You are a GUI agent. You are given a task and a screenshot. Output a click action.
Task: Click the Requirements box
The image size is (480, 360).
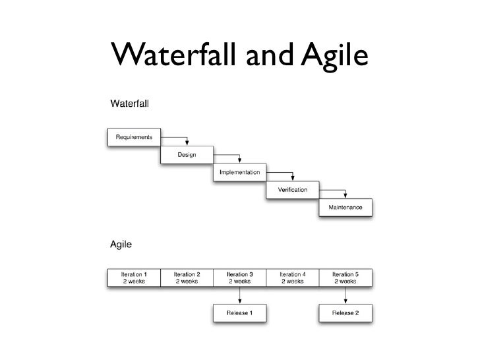click(134, 136)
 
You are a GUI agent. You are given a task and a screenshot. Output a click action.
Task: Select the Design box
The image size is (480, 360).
click(187, 155)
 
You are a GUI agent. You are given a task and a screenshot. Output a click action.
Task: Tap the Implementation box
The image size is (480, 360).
click(239, 173)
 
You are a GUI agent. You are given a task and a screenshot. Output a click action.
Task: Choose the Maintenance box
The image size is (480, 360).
click(345, 208)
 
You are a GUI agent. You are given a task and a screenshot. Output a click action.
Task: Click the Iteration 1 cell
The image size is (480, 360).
click(134, 278)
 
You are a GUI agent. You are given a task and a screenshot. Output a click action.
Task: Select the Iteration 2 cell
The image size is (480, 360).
click(187, 278)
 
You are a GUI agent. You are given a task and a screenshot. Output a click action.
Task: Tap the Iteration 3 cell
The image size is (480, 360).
click(239, 278)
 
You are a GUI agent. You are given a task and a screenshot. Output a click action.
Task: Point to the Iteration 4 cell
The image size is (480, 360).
click(292, 278)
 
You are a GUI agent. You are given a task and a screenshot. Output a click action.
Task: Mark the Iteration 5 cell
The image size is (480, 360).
click(345, 278)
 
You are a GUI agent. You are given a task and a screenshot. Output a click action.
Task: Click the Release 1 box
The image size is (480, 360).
click(239, 313)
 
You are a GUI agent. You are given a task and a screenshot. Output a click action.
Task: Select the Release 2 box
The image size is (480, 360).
click(345, 313)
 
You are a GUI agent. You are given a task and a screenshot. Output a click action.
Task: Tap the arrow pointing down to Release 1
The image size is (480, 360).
click(239, 295)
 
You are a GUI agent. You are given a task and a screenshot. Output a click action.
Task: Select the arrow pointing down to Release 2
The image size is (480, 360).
click(345, 295)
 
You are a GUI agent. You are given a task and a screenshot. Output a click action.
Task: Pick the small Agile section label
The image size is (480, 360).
click(120, 245)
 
